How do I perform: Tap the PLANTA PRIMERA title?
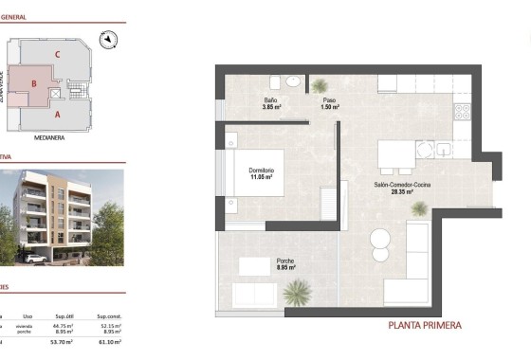click(425, 325)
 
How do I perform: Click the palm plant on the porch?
click(297, 292)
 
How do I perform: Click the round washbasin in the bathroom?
click(294, 82)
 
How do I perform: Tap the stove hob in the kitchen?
click(463, 112)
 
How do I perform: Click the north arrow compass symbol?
click(110, 40)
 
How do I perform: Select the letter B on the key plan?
click(34, 83)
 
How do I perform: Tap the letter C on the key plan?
click(58, 55)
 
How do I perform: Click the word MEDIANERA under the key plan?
click(48, 136)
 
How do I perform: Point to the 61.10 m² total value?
click(107, 341)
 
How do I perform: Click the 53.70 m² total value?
click(64, 341)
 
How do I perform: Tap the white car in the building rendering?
click(36, 258)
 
